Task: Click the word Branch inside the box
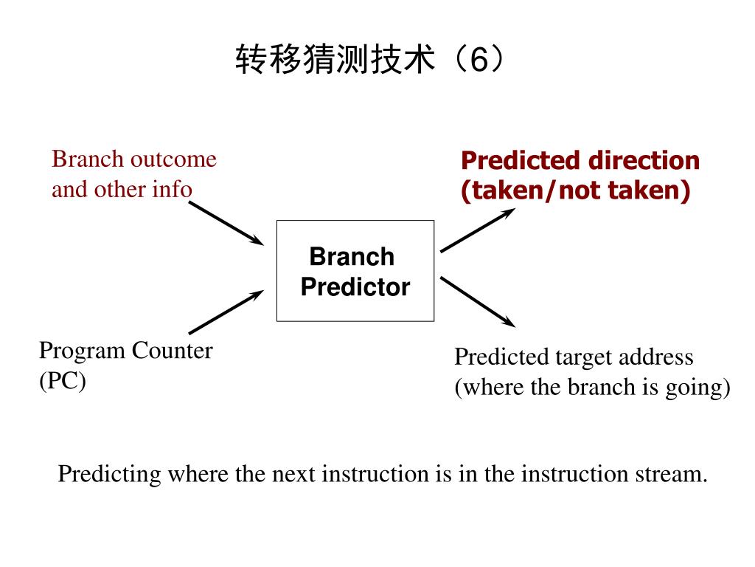pyautogui.click(x=352, y=257)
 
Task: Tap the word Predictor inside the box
pyautogui.click(x=355, y=286)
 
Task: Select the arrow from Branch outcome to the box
pyautogui.click(x=226, y=222)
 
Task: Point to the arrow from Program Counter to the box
pyautogui.click(x=226, y=312)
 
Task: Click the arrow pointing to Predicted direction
pyautogui.click(x=477, y=230)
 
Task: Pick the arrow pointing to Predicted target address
pyautogui.click(x=477, y=301)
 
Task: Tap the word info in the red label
pyautogui.click(x=173, y=190)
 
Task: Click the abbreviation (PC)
pyautogui.click(x=63, y=381)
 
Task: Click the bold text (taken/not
pyautogui.click(x=533, y=190)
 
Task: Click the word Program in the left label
pyautogui.click(x=83, y=350)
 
